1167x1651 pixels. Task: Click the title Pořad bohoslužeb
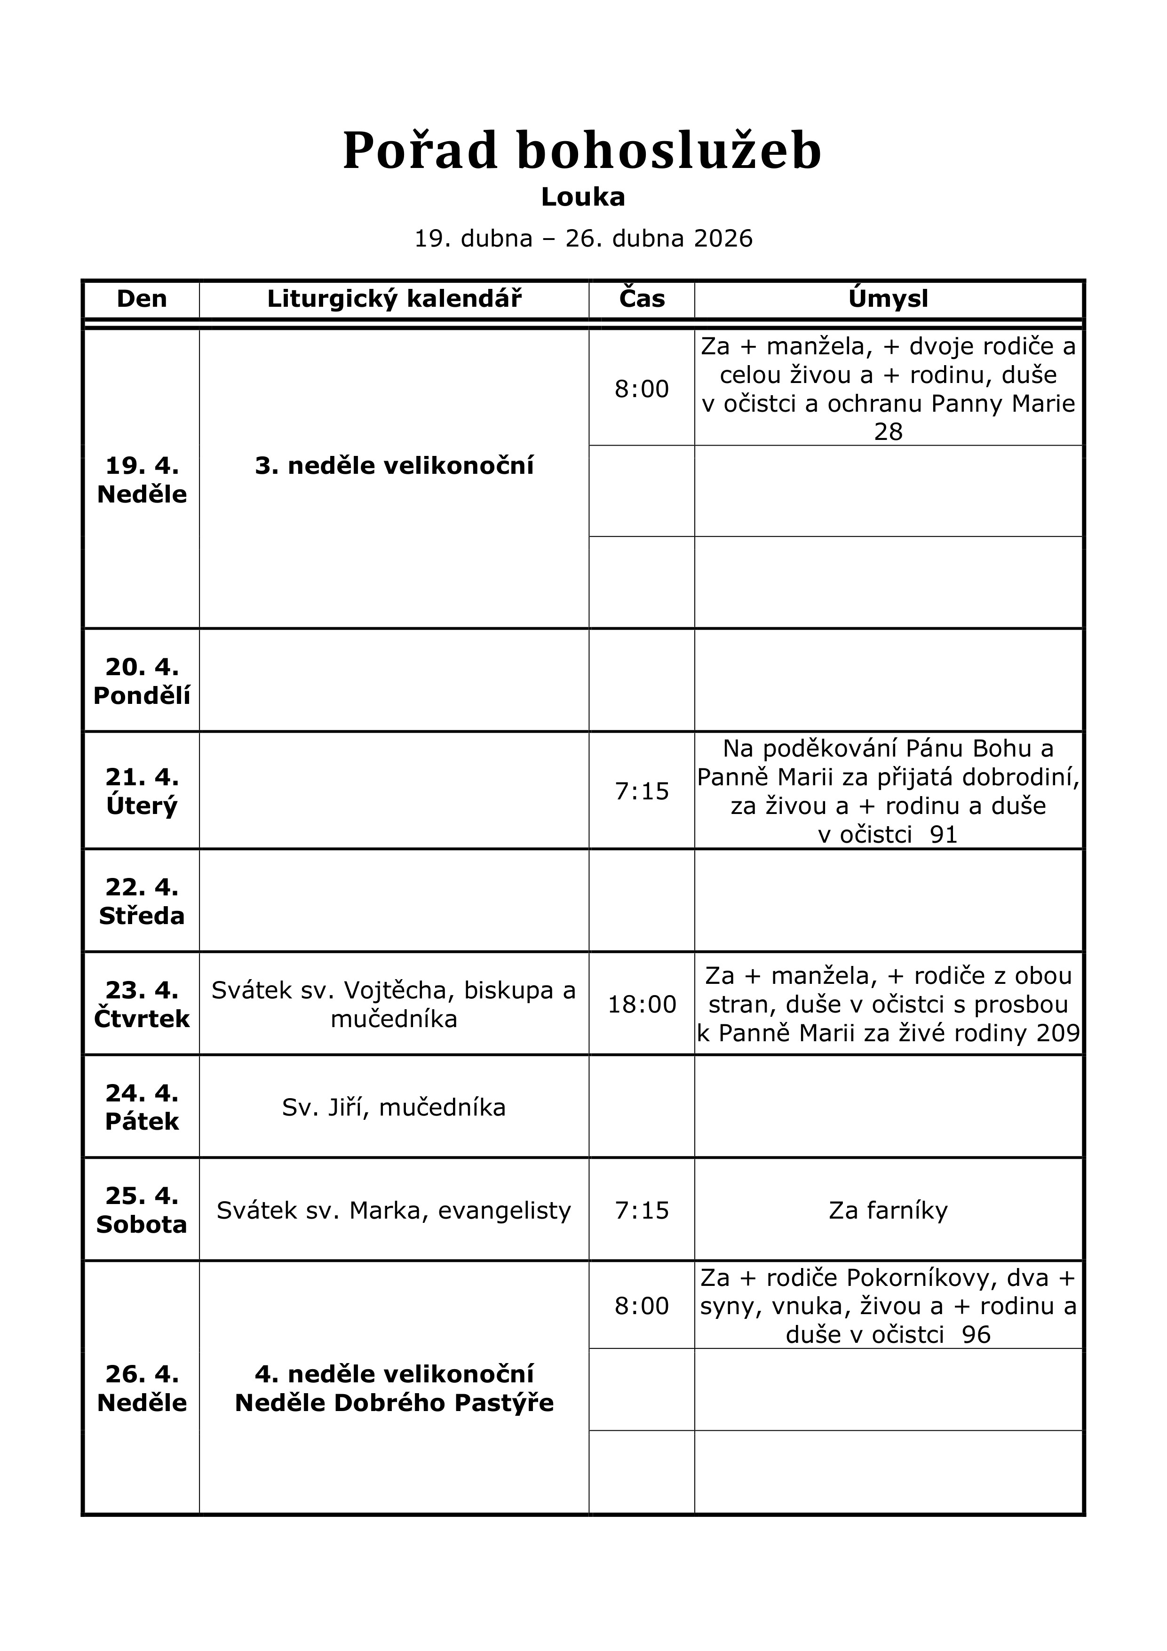pos(582,151)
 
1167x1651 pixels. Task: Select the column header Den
pos(142,298)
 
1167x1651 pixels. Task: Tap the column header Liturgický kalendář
pos(394,298)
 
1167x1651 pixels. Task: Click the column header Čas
pos(642,298)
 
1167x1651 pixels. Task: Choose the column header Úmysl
pos(888,298)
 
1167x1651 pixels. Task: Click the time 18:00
pos(642,1004)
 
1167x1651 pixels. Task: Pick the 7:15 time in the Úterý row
pos(642,791)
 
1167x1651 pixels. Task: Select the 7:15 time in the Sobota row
pos(642,1210)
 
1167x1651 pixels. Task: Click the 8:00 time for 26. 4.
pos(642,1305)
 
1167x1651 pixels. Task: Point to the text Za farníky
pos(888,1210)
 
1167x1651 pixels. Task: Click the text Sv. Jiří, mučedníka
pos(394,1108)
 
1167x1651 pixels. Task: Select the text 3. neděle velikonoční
pos(394,466)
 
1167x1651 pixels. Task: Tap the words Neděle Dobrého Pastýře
pos(394,1403)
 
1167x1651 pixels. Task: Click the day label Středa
pos(142,916)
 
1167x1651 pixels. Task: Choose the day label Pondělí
pos(142,695)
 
